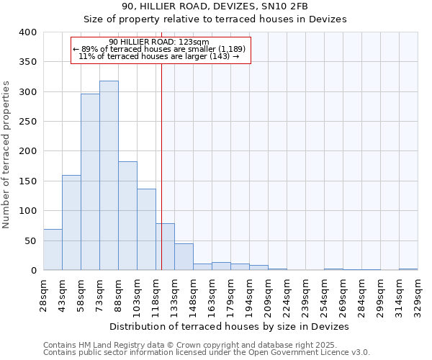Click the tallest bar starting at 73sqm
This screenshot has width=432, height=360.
[x=109, y=176]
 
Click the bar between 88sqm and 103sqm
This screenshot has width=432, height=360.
[x=127, y=216]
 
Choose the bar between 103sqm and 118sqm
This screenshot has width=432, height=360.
[x=146, y=230]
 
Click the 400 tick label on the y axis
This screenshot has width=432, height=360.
[x=27, y=32]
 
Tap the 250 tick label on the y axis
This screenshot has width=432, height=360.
[x=27, y=122]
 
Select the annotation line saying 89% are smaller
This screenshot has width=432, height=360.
[x=160, y=49]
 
